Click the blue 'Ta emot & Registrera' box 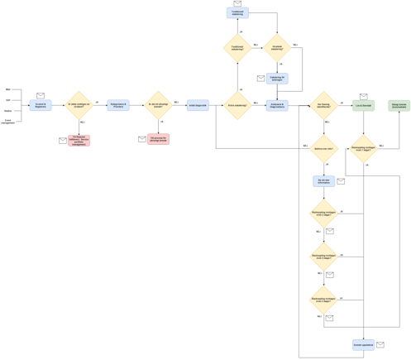click(x=41, y=105)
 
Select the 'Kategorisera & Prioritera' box click(x=118, y=105)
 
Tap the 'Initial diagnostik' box click(x=198, y=105)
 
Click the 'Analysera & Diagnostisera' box click(x=277, y=105)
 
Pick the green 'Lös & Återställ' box click(x=363, y=105)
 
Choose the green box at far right click(x=399, y=105)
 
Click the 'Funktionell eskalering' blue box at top click(x=237, y=13)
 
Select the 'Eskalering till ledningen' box click(x=277, y=78)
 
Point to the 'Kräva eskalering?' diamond click(x=237, y=105)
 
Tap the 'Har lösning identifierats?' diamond click(x=323, y=105)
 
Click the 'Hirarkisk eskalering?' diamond click(x=277, y=47)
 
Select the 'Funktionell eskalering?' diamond click(x=237, y=47)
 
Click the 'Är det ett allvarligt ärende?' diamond click(x=158, y=105)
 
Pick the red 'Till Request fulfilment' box click(x=79, y=140)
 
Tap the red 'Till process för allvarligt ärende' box click(x=158, y=139)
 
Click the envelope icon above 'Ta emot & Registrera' click(x=41, y=95)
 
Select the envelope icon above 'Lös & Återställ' click(x=363, y=96)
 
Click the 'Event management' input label click(x=8, y=121)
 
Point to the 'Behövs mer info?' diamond click(x=323, y=149)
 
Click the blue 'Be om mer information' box click(x=323, y=180)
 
